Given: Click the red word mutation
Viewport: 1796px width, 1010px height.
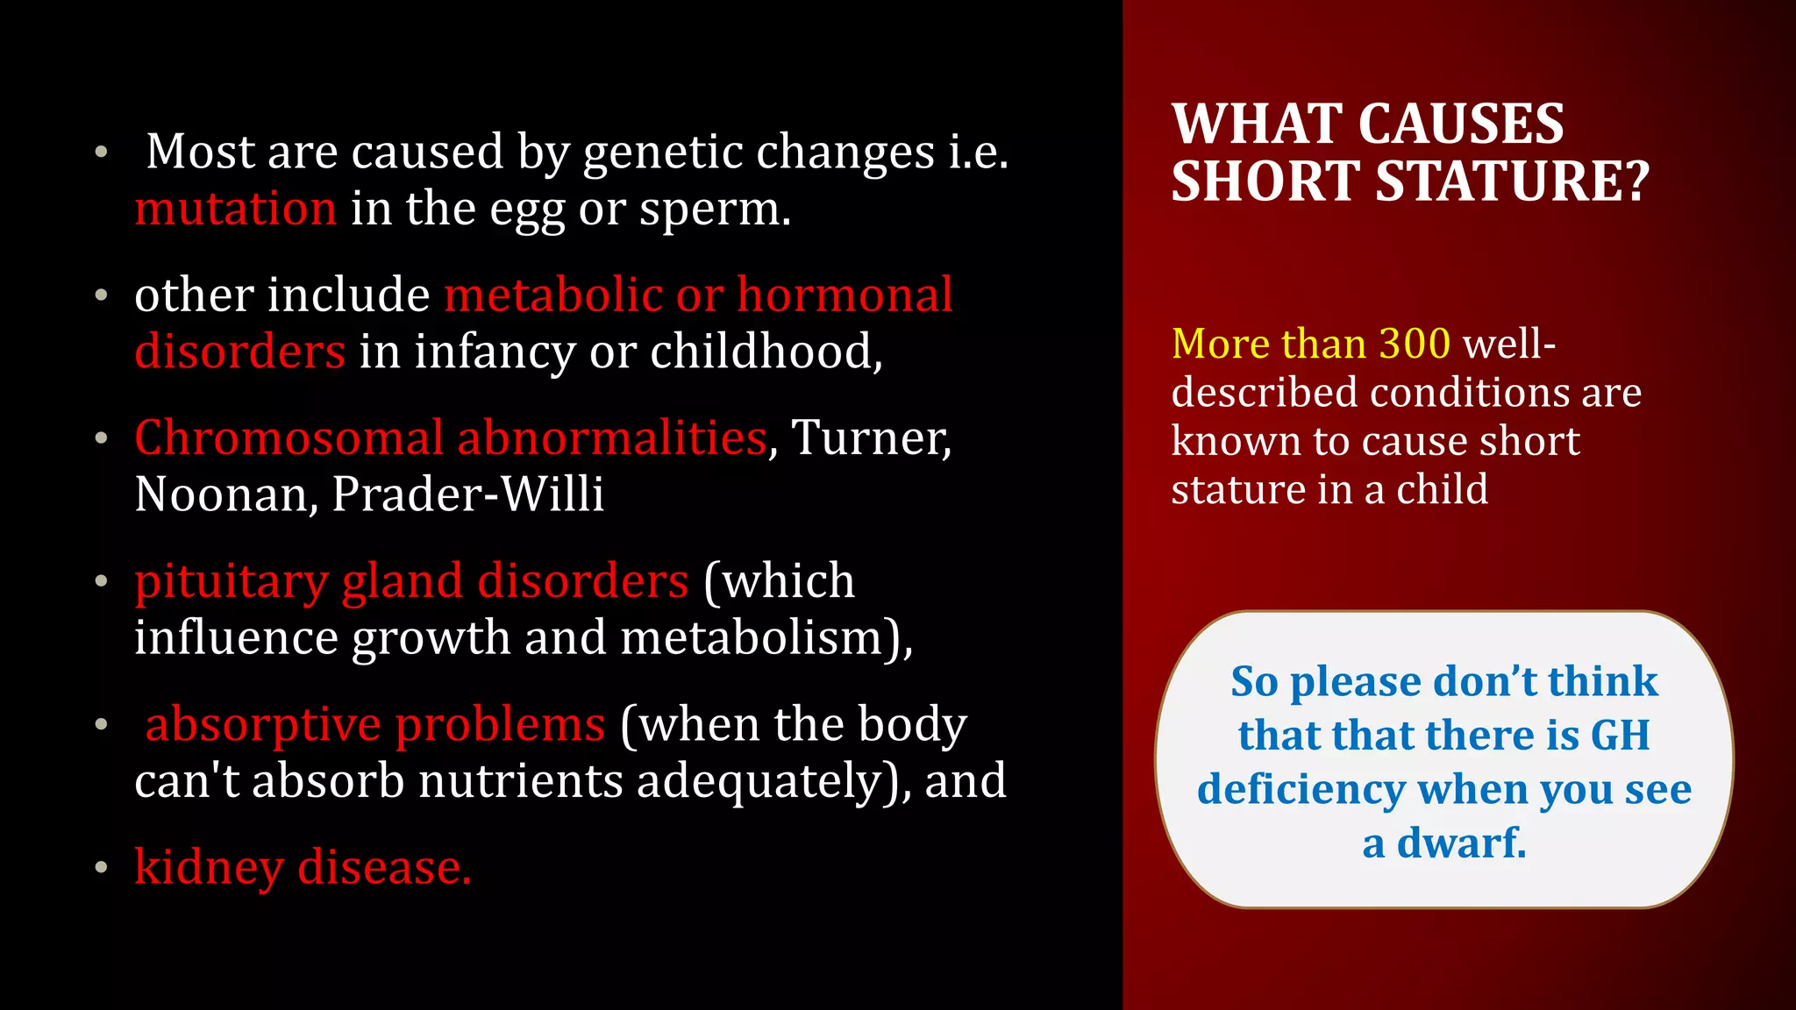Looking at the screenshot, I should [235, 210].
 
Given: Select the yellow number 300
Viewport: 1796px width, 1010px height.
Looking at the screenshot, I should [1415, 343].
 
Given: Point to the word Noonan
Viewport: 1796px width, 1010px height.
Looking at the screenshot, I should [225, 494].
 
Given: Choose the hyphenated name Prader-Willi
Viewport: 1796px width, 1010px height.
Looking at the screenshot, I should [468, 494].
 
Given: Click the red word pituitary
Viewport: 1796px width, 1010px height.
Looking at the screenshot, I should [231, 581].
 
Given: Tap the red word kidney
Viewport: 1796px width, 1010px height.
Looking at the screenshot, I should [209, 868].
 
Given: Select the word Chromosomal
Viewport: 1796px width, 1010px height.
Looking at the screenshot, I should [289, 437].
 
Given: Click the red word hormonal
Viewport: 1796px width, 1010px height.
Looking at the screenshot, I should [845, 295].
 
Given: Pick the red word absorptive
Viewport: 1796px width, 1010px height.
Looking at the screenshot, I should [263, 725].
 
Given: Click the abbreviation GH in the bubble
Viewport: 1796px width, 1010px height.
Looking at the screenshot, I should [1620, 735].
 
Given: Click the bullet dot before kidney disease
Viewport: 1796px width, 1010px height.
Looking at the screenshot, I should [102, 868].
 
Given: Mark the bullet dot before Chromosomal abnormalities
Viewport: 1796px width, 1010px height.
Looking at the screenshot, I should [102, 437].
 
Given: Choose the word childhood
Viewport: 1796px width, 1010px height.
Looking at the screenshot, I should [766, 352].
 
